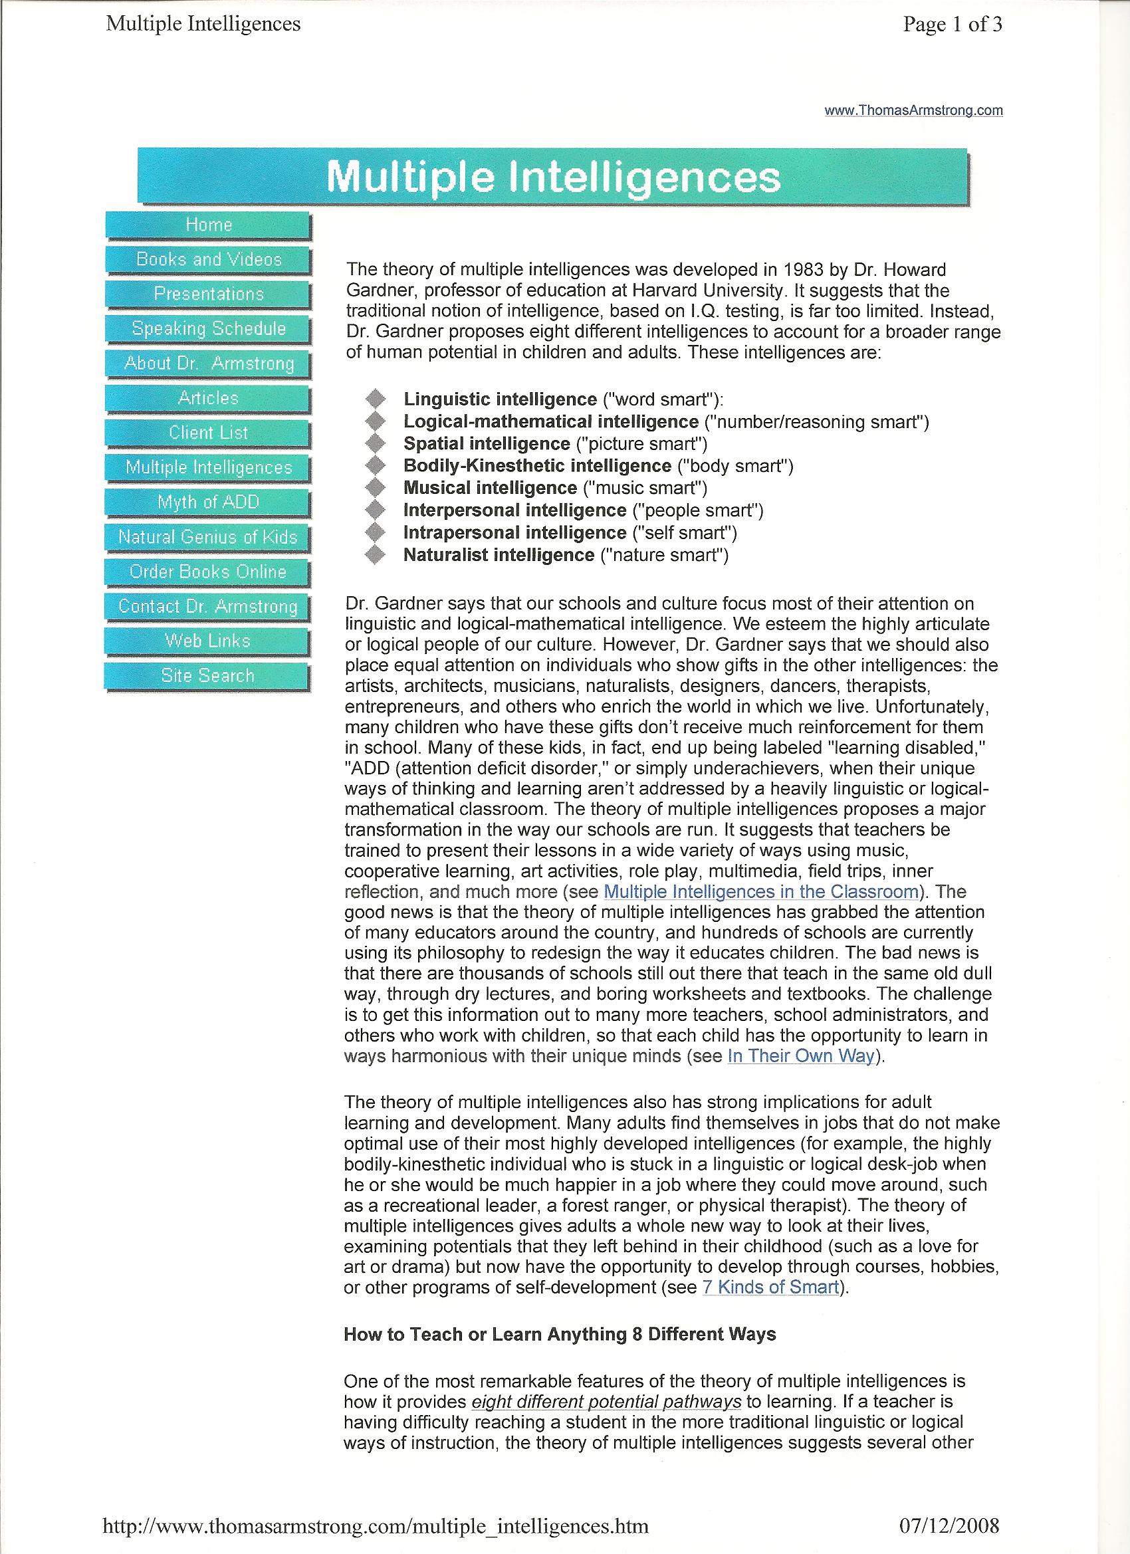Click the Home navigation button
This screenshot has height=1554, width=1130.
pos(208,225)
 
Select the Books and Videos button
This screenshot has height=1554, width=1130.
pos(208,260)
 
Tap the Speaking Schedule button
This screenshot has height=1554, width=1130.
pos(208,329)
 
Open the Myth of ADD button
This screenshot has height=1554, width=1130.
pos(208,502)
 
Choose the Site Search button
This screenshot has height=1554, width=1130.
pos(207,675)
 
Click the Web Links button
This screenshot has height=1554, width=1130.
pos(207,641)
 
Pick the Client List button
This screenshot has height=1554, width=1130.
pos(208,433)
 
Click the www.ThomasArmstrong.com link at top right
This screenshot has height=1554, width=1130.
pos(913,111)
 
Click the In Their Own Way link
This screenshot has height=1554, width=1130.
pos(801,1056)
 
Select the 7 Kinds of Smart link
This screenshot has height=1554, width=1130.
pos(771,1287)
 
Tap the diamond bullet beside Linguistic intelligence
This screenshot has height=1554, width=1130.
pos(376,399)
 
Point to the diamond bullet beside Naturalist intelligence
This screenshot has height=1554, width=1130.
pos(376,555)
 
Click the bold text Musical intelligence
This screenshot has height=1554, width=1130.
pos(490,488)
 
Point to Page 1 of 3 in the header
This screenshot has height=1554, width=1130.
pos(953,25)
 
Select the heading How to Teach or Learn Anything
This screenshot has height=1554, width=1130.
pos(559,1334)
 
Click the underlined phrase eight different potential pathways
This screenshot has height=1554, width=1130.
pos(606,1383)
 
